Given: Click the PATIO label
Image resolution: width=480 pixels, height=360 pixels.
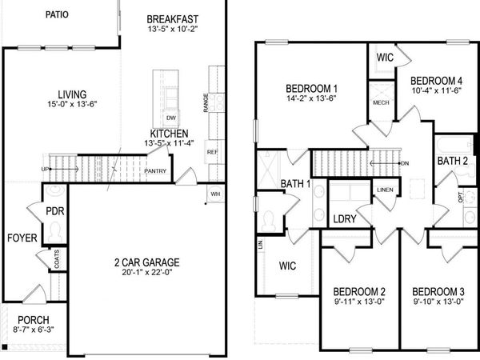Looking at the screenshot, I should pos(57,14).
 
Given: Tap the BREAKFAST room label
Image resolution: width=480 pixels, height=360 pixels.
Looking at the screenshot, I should pos(174,19).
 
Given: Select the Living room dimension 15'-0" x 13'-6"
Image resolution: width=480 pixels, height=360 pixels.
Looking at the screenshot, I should pos(78,105).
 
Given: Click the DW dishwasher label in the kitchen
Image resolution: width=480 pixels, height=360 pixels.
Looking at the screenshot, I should pos(171,115).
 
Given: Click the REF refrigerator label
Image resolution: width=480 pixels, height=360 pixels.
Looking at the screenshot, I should pos(213,151).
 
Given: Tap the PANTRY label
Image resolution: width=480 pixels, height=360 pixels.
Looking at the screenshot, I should pos(154,170).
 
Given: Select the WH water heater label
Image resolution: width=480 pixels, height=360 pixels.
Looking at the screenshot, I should pos(215,193).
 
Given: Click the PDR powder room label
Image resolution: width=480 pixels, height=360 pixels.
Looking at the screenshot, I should pos(55,212).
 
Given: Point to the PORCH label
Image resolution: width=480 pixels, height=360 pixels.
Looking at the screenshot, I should pos(33,320).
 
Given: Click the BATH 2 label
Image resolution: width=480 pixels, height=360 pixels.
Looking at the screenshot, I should pos(454,161).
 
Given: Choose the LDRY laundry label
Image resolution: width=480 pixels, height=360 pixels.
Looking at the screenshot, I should pos(344,219).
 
